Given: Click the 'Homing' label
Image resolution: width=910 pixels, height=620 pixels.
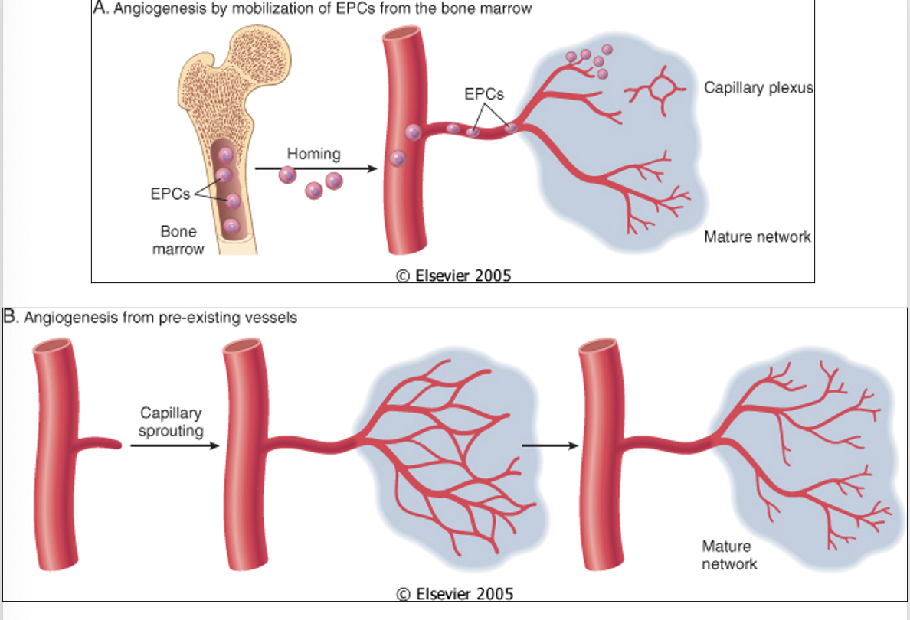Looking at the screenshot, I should click(x=313, y=154).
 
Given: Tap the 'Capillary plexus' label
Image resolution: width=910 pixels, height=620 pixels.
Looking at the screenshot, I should click(x=758, y=88).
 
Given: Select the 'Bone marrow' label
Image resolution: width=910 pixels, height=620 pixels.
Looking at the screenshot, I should click(x=178, y=240).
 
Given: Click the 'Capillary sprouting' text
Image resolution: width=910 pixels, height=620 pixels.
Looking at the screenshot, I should click(x=171, y=422).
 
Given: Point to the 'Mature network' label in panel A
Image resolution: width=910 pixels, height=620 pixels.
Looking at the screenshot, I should click(x=757, y=237).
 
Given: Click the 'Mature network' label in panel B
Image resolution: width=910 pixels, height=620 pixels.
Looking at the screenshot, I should click(x=729, y=555).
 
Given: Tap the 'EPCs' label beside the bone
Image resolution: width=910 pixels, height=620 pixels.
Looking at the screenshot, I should click(x=170, y=194).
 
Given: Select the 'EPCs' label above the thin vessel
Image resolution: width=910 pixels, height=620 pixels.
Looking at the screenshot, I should click(x=484, y=95).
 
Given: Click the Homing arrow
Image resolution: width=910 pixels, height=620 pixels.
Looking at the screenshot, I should click(x=316, y=168).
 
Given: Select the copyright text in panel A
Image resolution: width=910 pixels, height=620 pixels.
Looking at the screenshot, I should click(x=453, y=276).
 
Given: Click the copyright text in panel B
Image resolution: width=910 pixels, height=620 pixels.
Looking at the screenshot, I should click(x=454, y=594).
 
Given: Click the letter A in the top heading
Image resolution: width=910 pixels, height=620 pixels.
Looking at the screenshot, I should click(x=97, y=9).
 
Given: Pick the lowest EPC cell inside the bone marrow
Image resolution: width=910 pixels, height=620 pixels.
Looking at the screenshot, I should click(x=231, y=227).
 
